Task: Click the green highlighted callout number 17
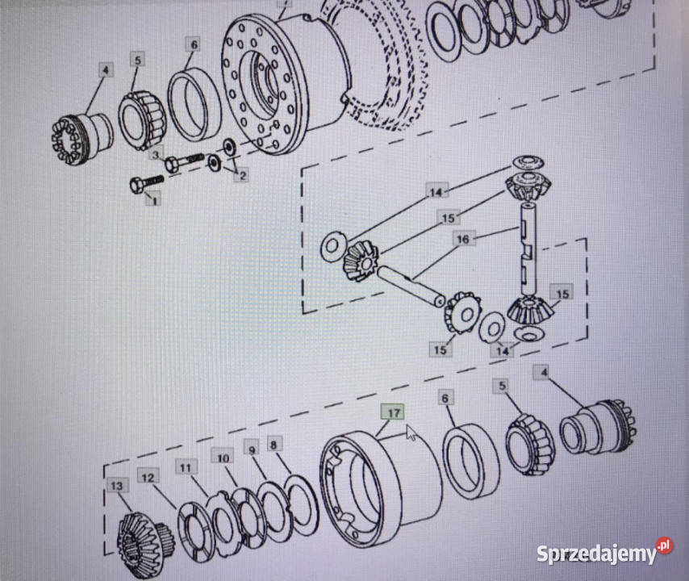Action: coord(392,412)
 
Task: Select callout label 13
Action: coord(116,486)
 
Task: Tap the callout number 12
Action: coord(148,477)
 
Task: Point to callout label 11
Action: coord(186,467)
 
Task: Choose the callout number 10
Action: coord(223,458)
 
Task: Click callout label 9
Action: coord(252,450)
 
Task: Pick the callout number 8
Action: coord(274,445)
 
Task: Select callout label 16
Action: coord(463,240)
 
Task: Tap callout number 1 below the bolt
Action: coord(154,201)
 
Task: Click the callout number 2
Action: coord(241,175)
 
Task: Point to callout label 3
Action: coord(156,155)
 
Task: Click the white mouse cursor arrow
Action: coord(411,433)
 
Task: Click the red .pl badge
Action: coord(664,545)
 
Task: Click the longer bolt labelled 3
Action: coord(184,161)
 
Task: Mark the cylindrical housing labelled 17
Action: coord(381,489)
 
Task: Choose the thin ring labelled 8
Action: coord(302,505)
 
